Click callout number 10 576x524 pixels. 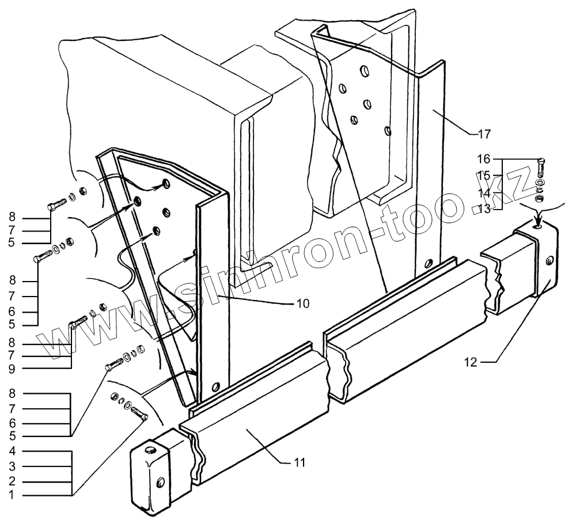point(302,303)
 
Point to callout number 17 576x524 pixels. point(484,134)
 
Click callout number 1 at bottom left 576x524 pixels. point(12,494)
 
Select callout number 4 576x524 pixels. point(12,451)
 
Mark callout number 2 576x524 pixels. point(12,480)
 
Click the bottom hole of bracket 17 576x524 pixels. point(426,264)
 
